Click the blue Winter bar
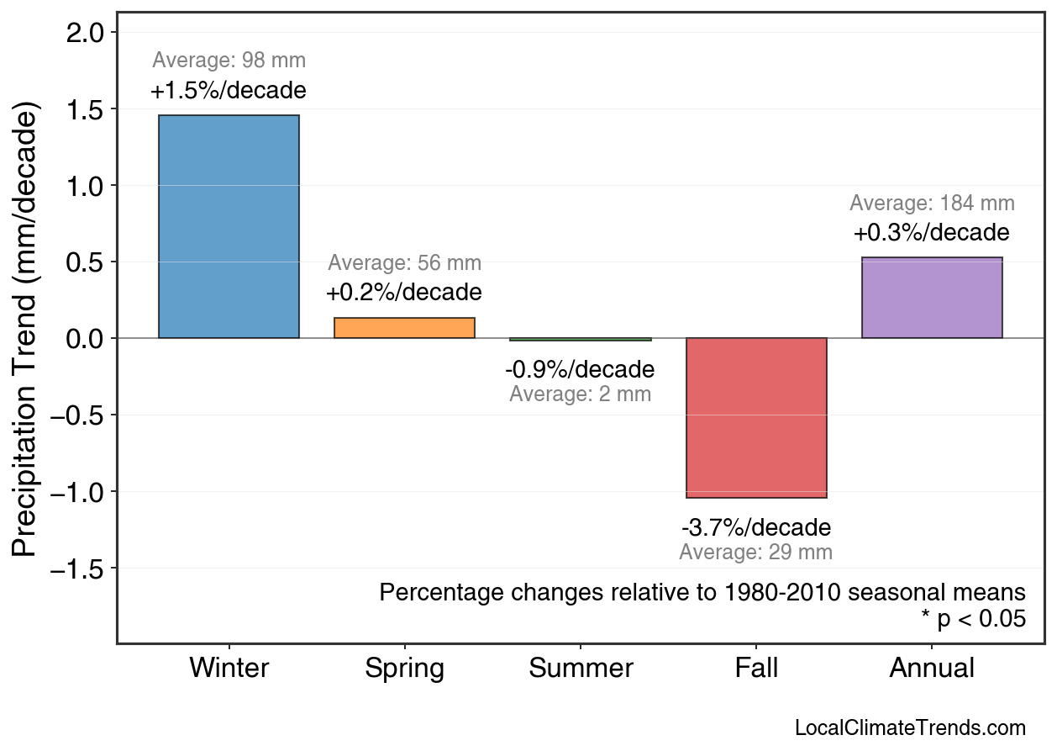(229, 226)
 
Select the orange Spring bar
(404, 328)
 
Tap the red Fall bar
(756, 417)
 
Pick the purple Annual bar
(932, 298)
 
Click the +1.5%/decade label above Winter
(229, 91)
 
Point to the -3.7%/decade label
(756, 528)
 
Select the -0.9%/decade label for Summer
(580, 370)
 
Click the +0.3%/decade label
(932, 233)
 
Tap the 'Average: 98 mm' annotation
(229, 61)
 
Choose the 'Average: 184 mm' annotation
(932, 204)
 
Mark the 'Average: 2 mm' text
(580, 394)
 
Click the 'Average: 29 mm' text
(756, 553)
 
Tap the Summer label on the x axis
(581, 669)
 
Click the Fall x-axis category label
(756, 669)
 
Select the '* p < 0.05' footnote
(973, 620)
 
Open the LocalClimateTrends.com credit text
(910, 728)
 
